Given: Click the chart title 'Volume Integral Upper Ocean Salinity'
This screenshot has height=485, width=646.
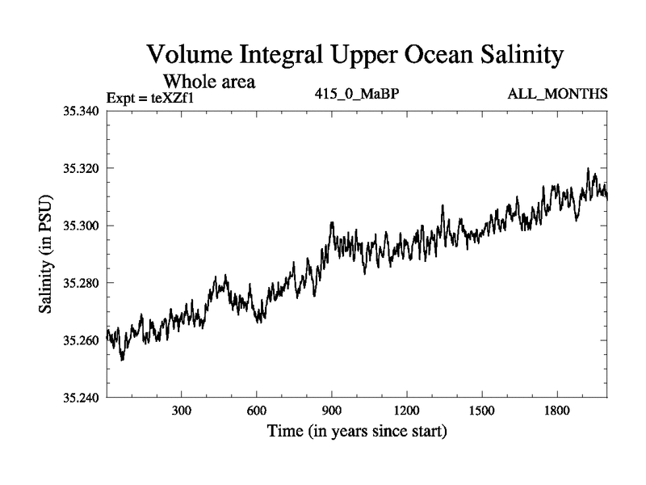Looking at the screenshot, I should tap(354, 57).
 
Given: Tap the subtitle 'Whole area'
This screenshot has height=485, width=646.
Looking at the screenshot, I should tap(210, 82).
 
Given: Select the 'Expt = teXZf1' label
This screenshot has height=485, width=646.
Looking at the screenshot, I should tap(151, 99).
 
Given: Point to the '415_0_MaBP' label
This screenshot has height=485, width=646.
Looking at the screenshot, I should tap(358, 94).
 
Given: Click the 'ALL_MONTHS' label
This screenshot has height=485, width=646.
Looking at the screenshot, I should tap(557, 94).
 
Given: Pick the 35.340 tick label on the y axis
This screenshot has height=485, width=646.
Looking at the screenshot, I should tap(80, 111).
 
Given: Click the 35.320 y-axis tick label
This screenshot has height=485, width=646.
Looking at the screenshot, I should tap(80, 168).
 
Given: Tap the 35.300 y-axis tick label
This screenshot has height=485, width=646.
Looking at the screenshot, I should tap(80, 226).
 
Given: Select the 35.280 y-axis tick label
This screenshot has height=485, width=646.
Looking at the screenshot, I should tap(80, 283).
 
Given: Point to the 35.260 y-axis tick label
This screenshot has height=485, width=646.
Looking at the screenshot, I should tap(80, 340).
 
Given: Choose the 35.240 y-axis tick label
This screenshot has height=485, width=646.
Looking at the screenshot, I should tap(80, 398).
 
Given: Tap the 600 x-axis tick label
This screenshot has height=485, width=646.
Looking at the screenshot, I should tap(257, 410).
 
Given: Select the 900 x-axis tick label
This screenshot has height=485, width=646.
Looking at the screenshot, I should tap(332, 410).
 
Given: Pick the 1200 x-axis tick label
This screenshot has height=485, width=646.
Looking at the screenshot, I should tap(407, 410).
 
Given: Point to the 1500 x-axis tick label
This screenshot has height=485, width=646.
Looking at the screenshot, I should tap(482, 410).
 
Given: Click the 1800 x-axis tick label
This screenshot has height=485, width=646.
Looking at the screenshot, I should tap(557, 410).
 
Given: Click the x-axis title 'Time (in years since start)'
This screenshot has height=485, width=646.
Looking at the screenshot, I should tap(357, 432).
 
